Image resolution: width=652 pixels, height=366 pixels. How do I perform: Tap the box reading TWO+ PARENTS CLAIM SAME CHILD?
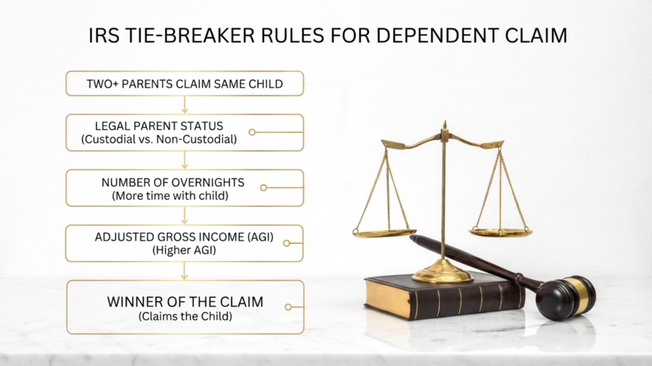[185, 83]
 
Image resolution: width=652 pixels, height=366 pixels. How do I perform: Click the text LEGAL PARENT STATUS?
[159, 126]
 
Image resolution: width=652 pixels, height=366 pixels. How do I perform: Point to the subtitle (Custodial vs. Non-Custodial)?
[159, 139]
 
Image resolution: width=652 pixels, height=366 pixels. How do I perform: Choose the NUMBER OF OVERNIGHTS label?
[173, 182]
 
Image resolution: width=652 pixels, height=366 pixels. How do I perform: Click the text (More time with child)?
[170, 196]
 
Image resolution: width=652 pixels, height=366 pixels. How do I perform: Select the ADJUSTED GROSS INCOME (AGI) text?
[184, 237]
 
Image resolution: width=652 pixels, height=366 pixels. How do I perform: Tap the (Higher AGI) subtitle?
[184, 250]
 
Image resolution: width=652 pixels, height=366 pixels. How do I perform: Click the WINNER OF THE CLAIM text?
[185, 302]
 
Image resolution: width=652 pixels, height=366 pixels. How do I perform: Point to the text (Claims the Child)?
[185, 316]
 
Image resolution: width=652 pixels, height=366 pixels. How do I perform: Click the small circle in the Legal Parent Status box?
[252, 132]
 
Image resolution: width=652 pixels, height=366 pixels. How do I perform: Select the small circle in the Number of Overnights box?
[263, 187]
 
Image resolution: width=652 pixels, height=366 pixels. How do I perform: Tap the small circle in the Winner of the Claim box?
[288, 307]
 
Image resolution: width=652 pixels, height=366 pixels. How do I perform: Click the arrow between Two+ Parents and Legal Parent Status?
[185, 105]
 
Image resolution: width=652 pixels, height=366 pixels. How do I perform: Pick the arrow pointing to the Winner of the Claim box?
[185, 271]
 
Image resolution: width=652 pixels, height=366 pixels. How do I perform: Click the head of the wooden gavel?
[566, 297]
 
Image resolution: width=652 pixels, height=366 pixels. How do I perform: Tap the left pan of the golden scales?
[384, 233]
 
